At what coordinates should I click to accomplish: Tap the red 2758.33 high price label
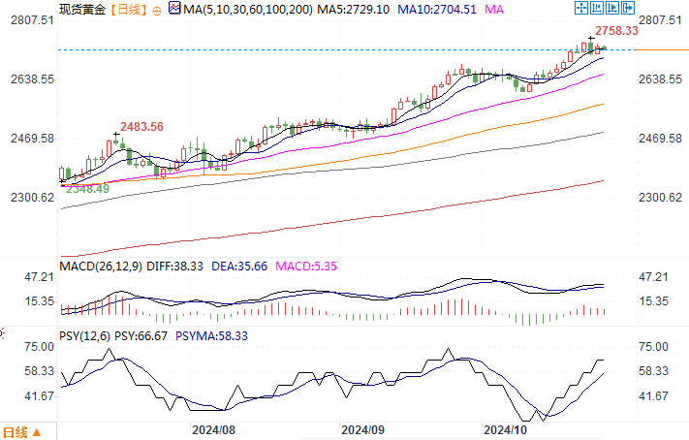tap(617, 31)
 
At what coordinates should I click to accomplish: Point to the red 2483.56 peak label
tap(141, 127)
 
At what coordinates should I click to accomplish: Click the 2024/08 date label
tap(214, 427)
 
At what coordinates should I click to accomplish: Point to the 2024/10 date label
tap(505, 427)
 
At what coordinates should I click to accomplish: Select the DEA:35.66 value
tap(238, 266)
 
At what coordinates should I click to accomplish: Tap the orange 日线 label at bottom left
tap(16, 431)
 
